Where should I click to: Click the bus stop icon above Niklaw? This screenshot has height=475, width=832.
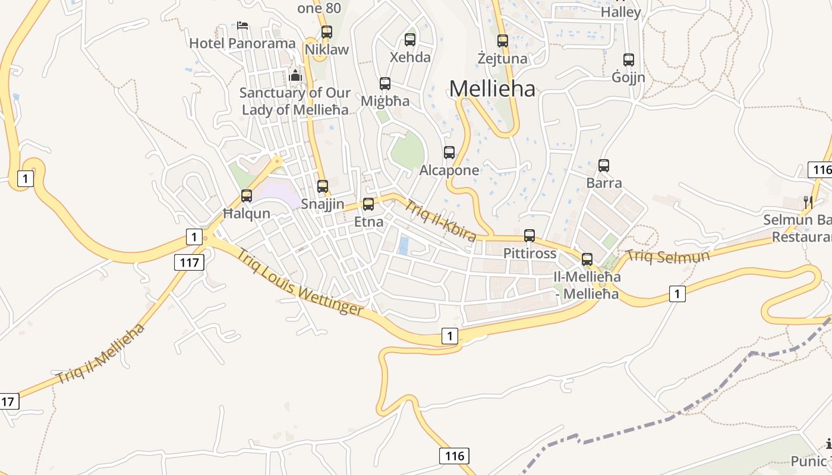pyautogui.click(x=326, y=32)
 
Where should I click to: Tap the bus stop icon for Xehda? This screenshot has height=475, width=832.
pyautogui.click(x=410, y=40)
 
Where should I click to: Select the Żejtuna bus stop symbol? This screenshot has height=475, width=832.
pyautogui.click(x=503, y=41)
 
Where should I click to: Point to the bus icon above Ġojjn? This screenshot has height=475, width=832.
pyautogui.click(x=629, y=60)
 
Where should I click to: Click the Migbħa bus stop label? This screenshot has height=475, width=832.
pyautogui.click(x=385, y=101)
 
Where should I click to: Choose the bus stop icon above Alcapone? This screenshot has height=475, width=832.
pyautogui.click(x=449, y=153)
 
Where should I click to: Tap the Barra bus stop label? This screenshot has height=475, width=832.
pyautogui.click(x=604, y=182)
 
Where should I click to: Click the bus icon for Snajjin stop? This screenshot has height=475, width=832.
pyautogui.click(x=323, y=186)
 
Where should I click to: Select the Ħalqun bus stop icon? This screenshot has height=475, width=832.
pyautogui.click(x=246, y=195)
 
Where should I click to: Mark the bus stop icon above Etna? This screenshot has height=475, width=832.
pyautogui.click(x=368, y=204)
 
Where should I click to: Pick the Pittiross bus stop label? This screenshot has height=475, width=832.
pyautogui.click(x=530, y=254)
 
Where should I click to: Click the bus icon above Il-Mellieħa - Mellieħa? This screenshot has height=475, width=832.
pyautogui.click(x=587, y=259)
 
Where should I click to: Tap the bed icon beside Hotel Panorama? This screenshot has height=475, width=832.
pyautogui.click(x=242, y=26)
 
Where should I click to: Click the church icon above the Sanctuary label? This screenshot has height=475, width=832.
pyautogui.click(x=295, y=75)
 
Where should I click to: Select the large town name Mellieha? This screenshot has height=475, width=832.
pyautogui.click(x=492, y=89)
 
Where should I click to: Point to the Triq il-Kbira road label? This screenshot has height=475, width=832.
pyautogui.click(x=440, y=221)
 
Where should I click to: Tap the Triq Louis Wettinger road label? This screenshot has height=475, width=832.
pyautogui.click(x=300, y=282)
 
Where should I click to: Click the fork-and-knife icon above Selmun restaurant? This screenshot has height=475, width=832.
pyautogui.click(x=808, y=202)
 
